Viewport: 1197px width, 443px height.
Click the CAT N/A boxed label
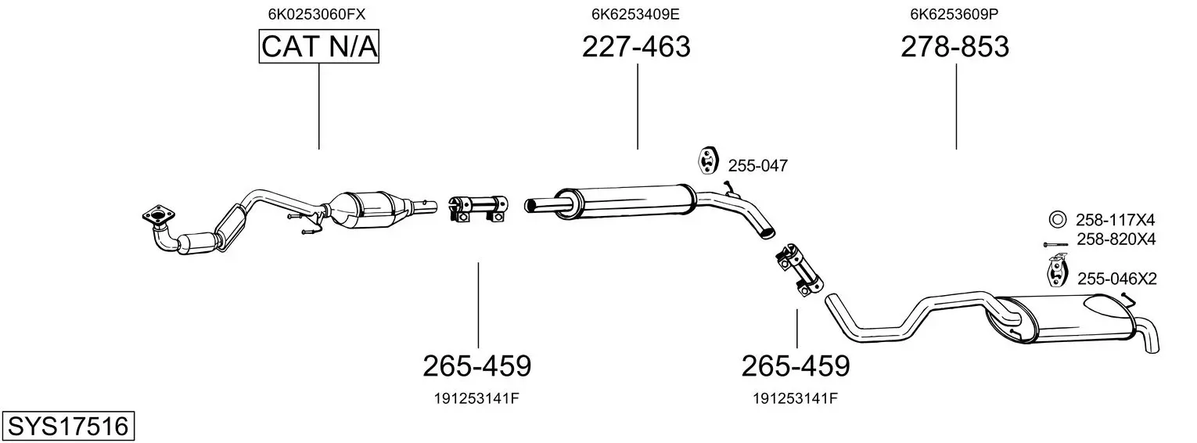point(319,46)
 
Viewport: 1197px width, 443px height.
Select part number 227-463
point(636,46)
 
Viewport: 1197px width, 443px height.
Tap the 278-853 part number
point(955,46)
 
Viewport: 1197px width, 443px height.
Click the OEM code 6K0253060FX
point(317,14)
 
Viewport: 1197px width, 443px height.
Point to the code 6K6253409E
point(635,14)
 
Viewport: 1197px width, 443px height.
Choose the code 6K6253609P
point(954,14)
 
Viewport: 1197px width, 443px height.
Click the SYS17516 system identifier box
point(68,427)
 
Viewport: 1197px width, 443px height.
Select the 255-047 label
point(758,166)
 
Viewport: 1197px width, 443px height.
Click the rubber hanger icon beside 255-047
point(707,160)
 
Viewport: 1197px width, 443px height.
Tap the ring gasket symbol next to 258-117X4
point(1056,219)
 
